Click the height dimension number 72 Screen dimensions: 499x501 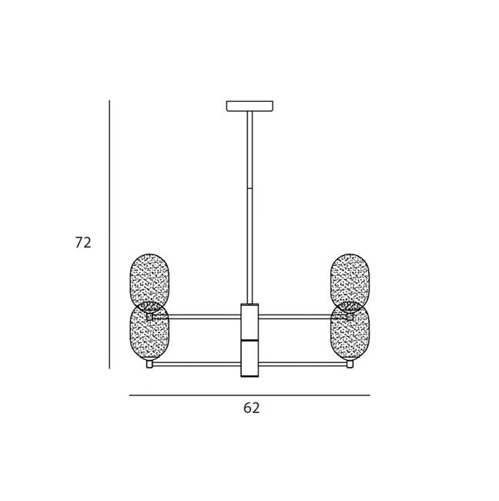coord(83,243)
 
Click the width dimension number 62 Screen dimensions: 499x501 coord(251,408)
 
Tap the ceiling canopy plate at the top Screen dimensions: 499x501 coord(249,106)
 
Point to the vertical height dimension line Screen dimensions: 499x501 coord(109,234)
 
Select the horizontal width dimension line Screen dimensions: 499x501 coord(249,395)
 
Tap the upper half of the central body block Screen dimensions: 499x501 coord(249,321)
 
